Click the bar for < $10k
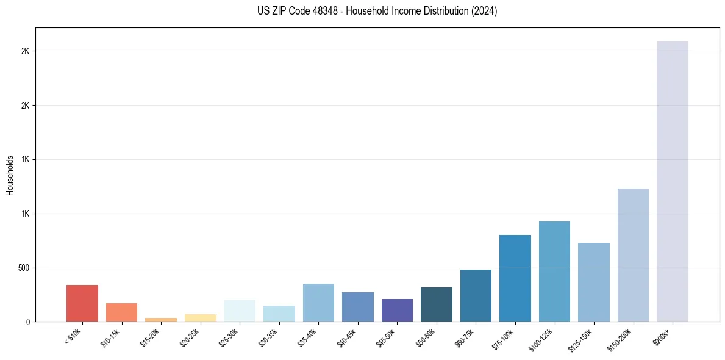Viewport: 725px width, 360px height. click(x=82, y=303)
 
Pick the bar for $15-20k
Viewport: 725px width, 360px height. click(x=161, y=319)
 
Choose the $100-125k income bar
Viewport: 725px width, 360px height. click(x=554, y=272)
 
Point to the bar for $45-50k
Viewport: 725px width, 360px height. click(x=397, y=311)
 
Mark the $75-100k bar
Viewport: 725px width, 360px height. click(x=515, y=278)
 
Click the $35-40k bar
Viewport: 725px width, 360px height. click(x=318, y=303)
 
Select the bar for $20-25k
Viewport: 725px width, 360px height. click(x=201, y=318)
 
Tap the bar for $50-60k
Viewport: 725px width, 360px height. click(x=437, y=304)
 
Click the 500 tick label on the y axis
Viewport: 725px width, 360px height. click(x=23, y=268)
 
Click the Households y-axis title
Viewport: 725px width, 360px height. click(x=10, y=175)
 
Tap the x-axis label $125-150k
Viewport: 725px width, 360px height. click(x=582, y=339)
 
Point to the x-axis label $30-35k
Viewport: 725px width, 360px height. click(x=269, y=337)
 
